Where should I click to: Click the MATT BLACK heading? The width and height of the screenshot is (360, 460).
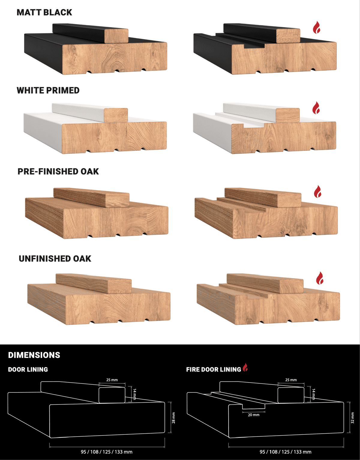[44, 13]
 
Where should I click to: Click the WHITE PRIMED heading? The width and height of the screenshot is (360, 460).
[48, 90]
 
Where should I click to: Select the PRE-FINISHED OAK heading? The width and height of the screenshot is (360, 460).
[58, 171]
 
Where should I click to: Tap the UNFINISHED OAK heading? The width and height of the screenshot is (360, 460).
[55, 259]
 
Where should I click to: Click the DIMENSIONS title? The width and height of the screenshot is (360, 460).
[34, 355]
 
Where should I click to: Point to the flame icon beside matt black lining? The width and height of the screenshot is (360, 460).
[316, 27]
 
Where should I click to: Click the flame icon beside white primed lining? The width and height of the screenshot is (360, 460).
[316, 107]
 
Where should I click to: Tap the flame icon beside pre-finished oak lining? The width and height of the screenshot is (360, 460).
[318, 191]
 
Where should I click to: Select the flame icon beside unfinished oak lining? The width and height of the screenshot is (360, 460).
[320, 278]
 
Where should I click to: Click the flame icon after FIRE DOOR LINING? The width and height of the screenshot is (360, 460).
[245, 367]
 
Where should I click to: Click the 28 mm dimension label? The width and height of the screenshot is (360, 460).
[173, 418]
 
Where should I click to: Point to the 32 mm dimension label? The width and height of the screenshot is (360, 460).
[352, 418]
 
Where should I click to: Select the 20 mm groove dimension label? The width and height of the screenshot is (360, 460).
[253, 415]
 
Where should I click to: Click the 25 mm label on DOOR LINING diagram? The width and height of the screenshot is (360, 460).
[112, 380]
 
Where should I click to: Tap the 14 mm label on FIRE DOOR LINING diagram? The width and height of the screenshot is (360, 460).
[313, 394]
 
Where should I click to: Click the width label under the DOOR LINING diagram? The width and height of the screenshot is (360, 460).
[106, 452]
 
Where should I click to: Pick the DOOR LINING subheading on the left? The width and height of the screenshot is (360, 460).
[28, 369]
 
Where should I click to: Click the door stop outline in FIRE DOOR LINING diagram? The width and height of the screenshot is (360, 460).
[291, 395]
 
